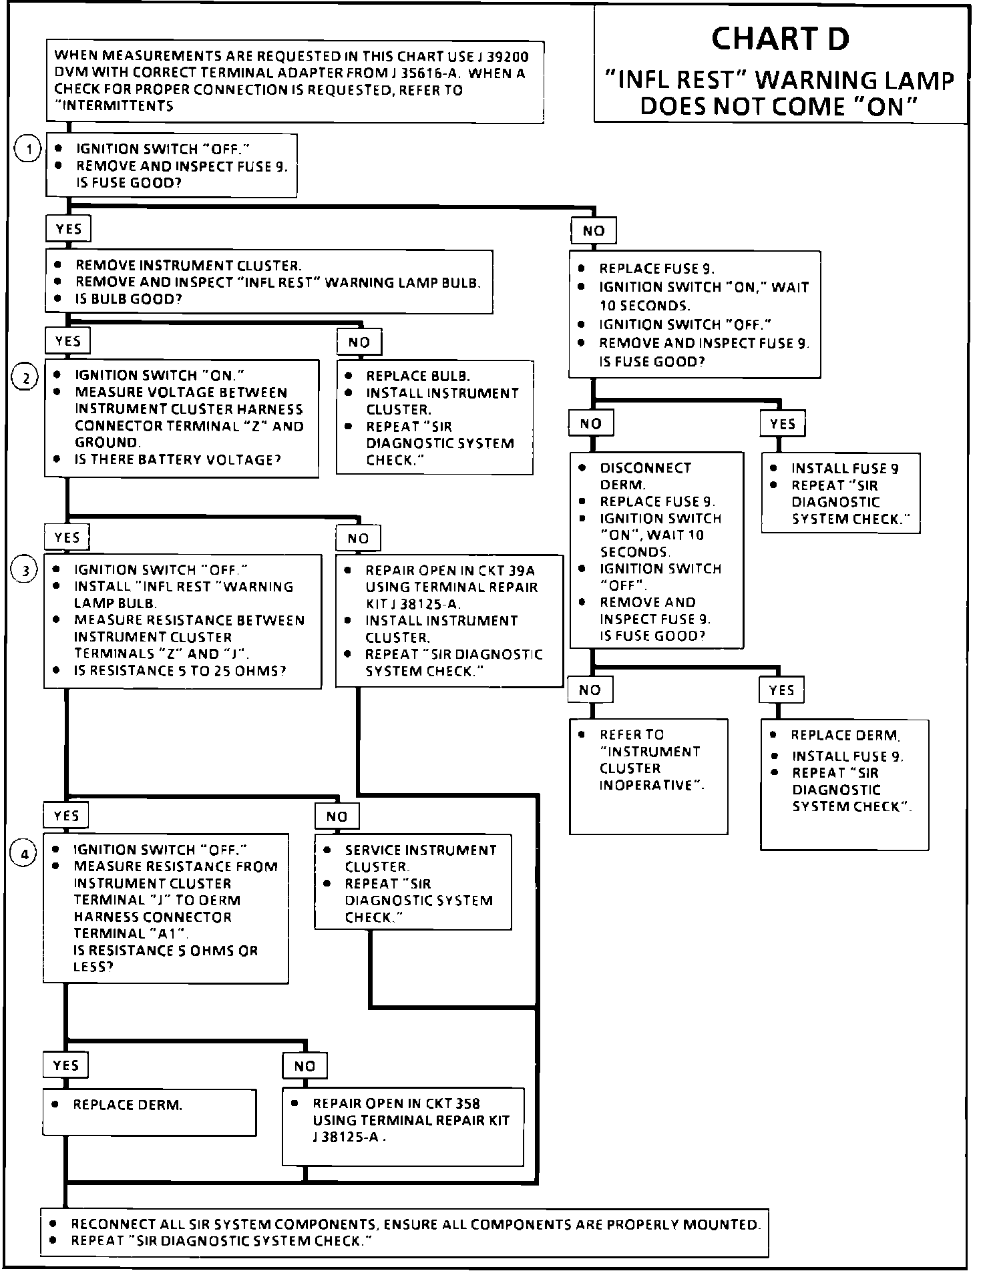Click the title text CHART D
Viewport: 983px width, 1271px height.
[x=780, y=39]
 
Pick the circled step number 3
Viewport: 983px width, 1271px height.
[x=25, y=571]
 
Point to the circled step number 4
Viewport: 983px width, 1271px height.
[x=25, y=854]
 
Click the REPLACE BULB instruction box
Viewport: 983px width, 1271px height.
[x=435, y=418]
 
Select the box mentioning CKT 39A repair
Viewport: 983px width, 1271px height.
[x=449, y=621]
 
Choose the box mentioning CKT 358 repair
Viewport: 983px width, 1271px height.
[x=403, y=1127]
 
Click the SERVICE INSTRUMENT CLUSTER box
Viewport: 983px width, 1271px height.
[x=413, y=882]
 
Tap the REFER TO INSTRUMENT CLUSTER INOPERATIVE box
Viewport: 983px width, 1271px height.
[x=648, y=776]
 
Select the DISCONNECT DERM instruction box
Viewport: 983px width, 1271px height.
[x=656, y=551]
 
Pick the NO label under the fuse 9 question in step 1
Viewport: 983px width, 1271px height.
[x=594, y=231]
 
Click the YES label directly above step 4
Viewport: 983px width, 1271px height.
[x=66, y=815]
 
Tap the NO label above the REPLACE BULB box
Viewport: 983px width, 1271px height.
[x=359, y=342]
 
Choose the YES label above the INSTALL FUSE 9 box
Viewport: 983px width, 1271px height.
[x=783, y=424]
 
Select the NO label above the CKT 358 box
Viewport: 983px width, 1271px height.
[x=305, y=1066]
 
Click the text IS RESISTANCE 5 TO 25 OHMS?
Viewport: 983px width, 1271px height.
[x=180, y=671]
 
